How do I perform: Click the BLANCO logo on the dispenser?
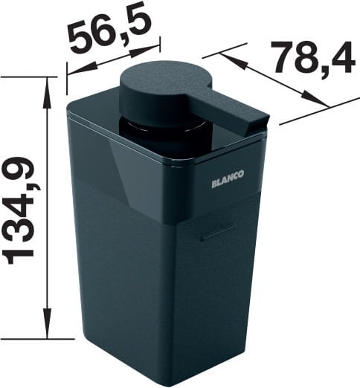click(228, 179)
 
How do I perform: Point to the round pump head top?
click(165, 77)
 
